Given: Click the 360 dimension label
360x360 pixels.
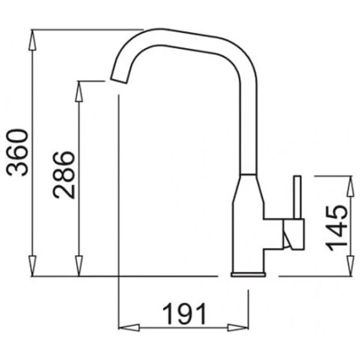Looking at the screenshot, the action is tap(17, 152).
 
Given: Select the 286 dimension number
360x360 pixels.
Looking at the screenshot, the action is tap(64, 175).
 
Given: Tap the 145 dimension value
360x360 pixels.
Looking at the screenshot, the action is tap(337, 228).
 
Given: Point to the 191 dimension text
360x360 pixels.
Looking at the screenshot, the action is tap(184, 314).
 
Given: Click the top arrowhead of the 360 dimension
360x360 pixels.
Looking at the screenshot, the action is tap(32, 40).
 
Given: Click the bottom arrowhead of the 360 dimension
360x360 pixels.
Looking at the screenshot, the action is tap(32, 266).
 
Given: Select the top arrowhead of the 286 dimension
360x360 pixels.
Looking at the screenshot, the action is tap(79, 91).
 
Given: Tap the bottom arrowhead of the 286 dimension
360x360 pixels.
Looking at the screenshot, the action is tap(79, 266).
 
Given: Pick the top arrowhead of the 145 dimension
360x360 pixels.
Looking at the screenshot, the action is tap(350, 187).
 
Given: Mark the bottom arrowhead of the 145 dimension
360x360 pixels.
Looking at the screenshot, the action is tap(350, 266).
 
